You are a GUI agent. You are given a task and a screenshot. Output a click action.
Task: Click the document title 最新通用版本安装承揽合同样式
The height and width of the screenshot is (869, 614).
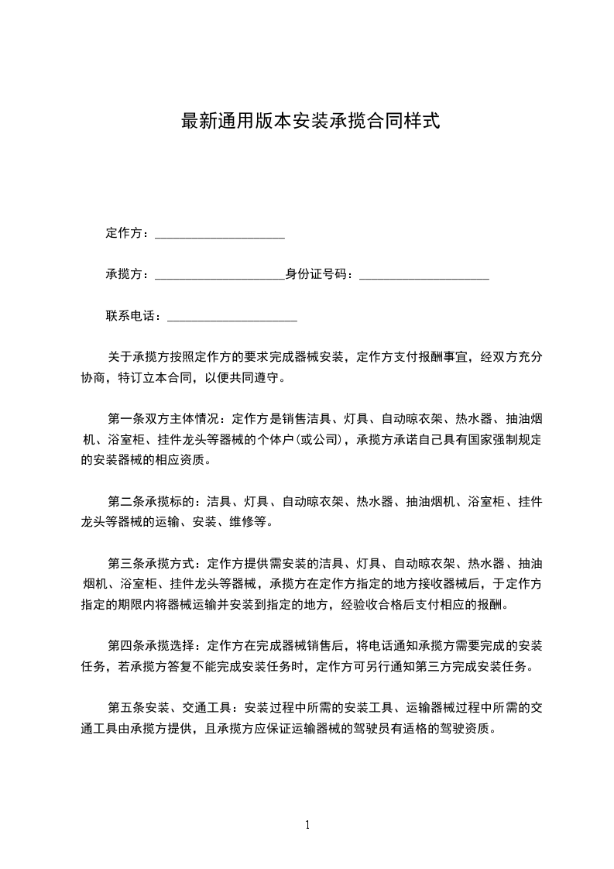[310, 122]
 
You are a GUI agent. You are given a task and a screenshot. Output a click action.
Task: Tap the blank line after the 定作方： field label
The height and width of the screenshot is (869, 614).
[220, 235]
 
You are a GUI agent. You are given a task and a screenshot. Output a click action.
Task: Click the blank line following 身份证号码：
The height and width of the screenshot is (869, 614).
[424, 276]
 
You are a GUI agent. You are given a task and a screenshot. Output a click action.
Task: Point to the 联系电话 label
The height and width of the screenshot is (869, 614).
[131, 315]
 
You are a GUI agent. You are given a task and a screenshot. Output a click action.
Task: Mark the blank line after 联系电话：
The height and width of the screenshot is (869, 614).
[232, 318]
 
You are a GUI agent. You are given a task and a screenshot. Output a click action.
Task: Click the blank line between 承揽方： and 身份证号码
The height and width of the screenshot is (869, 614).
[220, 276]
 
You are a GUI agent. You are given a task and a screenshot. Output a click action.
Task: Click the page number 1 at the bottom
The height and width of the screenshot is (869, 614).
[307, 825]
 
